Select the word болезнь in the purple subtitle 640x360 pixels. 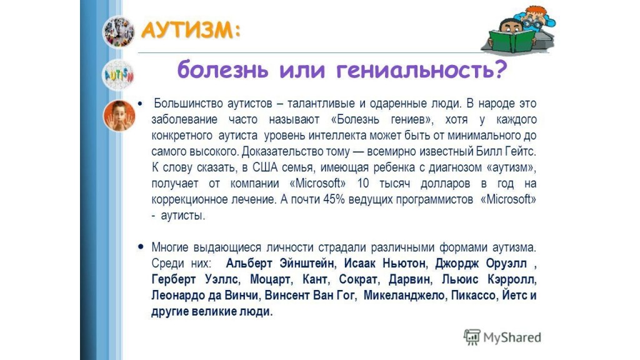(x=223, y=70)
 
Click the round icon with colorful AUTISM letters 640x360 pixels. (x=118, y=75)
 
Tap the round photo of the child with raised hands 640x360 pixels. (x=119, y=116)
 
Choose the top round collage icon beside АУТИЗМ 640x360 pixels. (x=118, y=32)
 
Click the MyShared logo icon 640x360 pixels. (x=472, y=337)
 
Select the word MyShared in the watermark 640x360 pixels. (x=512, y=337)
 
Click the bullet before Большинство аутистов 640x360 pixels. (x=141, y=104)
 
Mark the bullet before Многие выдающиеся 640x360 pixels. (x=141, y=246)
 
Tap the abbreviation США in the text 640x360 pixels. (x=264, y=167)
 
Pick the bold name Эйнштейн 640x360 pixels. (x=307, y=263)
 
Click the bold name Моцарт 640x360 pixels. (x=270, y=279)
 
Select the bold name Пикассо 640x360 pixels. (x=474, y=295)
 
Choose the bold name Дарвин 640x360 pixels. (x=409, y=279)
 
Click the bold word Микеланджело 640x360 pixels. (x=404, y=295)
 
